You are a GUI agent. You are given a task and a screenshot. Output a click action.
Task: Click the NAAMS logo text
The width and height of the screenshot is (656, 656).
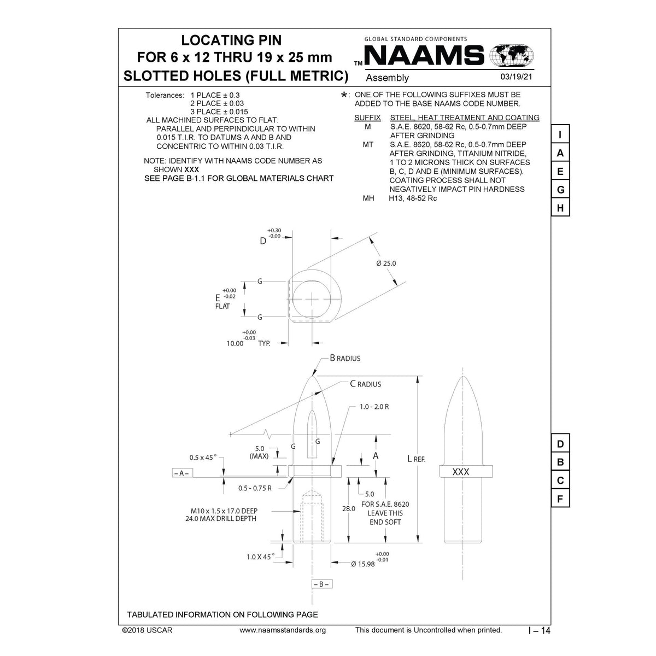click(x=424, y=56)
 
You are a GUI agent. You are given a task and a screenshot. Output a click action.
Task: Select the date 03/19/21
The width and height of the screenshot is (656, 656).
click(x=516, y=77)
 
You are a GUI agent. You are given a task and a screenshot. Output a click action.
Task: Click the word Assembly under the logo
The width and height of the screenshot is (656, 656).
click(x=387, y=78)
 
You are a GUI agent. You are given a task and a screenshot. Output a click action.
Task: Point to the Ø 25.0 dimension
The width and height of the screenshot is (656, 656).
click(x=386, y=263)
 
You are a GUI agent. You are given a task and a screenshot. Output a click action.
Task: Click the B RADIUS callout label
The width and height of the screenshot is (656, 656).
click(x=345, y=359)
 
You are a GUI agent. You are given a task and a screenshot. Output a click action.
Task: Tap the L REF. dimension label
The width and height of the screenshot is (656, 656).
click(x=416, y=459)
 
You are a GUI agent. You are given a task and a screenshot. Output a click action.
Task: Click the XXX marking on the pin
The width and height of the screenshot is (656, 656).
click(x=461, y=472)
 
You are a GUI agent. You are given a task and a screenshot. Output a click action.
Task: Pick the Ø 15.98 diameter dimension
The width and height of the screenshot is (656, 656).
click(x=362, y=564)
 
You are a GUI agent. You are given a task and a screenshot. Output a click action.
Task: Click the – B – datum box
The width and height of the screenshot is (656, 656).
click(x=321, y=584)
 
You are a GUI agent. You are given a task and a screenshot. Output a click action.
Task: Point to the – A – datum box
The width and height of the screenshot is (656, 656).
click(x=180, y=473)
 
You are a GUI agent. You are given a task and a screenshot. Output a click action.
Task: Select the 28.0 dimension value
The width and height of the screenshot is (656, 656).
click(x=348, y=508)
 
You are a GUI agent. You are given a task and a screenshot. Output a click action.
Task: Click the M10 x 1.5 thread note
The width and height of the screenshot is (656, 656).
click(x=221, y=511)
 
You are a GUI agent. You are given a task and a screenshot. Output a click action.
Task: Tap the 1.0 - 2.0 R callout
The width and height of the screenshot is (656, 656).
click(x=374, y=407)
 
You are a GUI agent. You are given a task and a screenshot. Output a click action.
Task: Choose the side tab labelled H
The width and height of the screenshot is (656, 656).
click(x=560, y=208)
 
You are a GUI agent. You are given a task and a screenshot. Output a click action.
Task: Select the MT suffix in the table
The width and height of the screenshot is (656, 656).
click(x=368, y=145)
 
